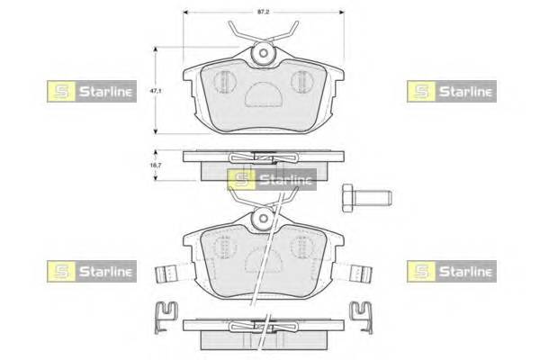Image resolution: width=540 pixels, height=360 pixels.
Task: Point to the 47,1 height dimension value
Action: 154,91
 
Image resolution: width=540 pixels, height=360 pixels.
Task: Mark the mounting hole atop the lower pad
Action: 263,217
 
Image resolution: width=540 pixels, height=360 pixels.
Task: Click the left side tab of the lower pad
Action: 165,269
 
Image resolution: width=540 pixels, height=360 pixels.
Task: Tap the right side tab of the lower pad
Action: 362,269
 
